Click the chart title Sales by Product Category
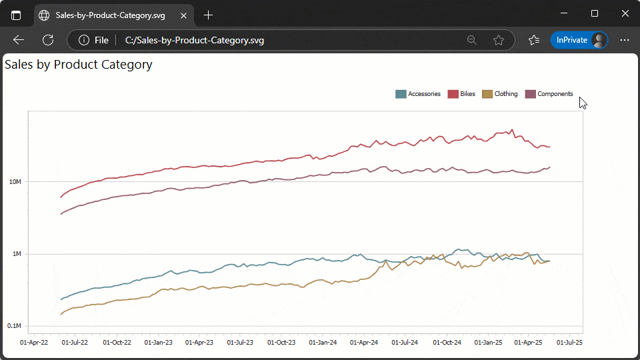click(x=79, y=65)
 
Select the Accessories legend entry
click(x=418, y=94)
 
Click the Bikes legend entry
click(x=461, y=94)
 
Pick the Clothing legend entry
click(x=500, y=94)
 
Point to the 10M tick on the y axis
click(x=15, y=182)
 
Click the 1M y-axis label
click(x=17, y=254)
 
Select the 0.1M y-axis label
click(x=14, y=326)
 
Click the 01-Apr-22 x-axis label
click(x=34, y=343)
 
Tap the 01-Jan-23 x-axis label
click(x=158, y=343)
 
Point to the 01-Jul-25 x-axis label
click(x=569, y=343)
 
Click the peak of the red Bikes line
click(x=512, y=130)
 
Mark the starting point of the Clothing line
click(x=61, y=314)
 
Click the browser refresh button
click(x=48, y=40)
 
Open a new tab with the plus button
click(x=209, y=15)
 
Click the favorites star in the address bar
click(x=499, y=40)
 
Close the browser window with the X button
click(x=625, y=14)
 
